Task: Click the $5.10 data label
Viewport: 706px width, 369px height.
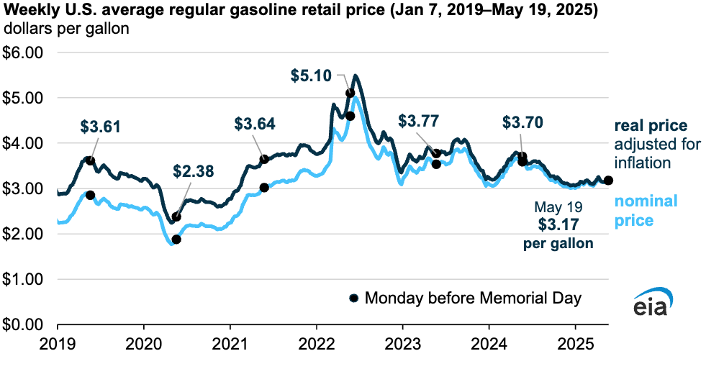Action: pos(311,74)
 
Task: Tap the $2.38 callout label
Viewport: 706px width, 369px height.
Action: pos(194,170)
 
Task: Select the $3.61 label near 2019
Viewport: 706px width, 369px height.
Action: pos(100,127)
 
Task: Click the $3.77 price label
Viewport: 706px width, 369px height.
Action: pos(418,119)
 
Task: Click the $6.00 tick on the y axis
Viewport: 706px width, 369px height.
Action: pos(24,53)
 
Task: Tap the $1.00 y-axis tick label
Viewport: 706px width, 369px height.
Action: pos(24,279)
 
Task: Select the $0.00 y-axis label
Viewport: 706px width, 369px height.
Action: pos(24,324)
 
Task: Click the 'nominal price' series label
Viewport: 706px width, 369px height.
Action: pos(646,211)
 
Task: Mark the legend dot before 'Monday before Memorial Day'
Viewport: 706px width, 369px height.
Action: pos(353,298)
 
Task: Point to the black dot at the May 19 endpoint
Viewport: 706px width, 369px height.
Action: pos(608,181)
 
